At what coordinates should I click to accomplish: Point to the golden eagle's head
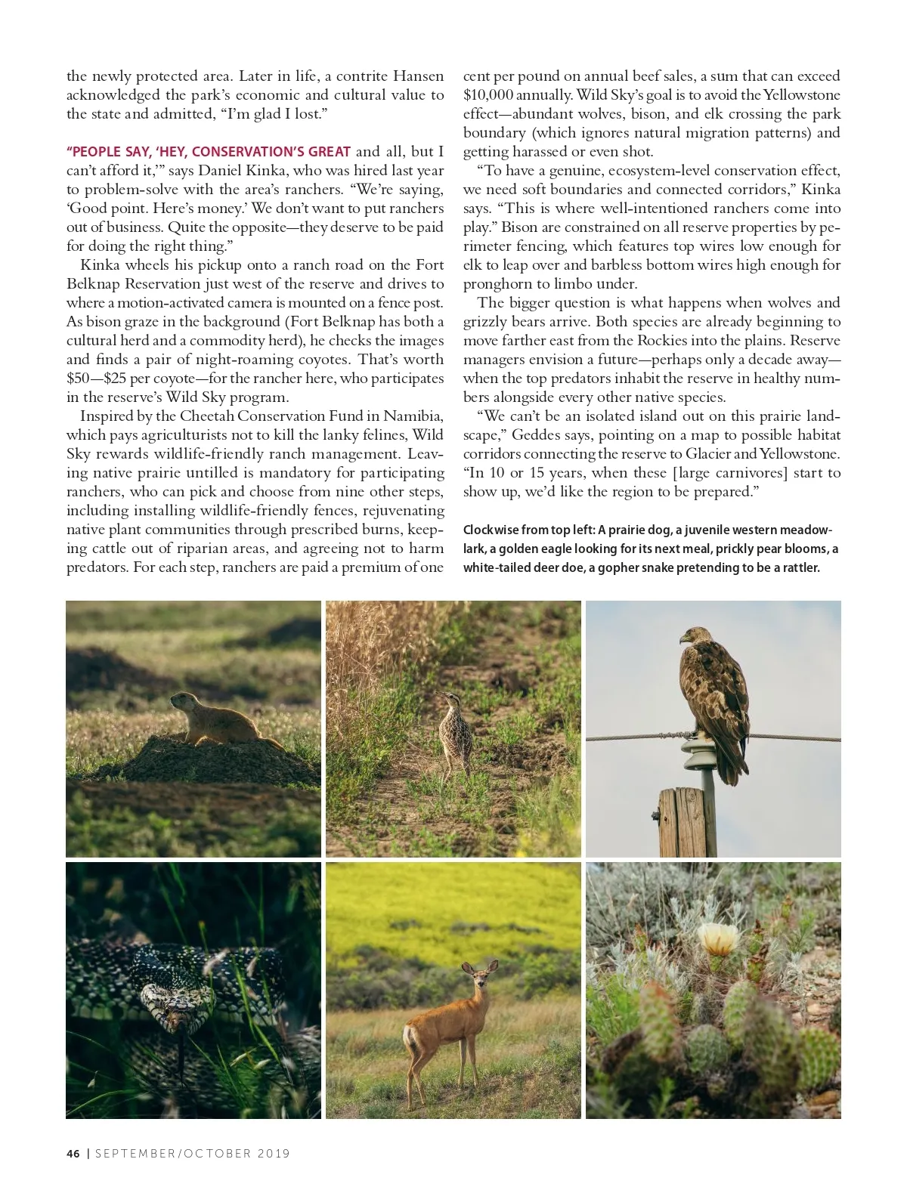(693, 636)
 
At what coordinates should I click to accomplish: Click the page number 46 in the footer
(73, 1153)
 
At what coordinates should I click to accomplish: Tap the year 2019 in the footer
(274, 1153)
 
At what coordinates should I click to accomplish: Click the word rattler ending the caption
(799, 567)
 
